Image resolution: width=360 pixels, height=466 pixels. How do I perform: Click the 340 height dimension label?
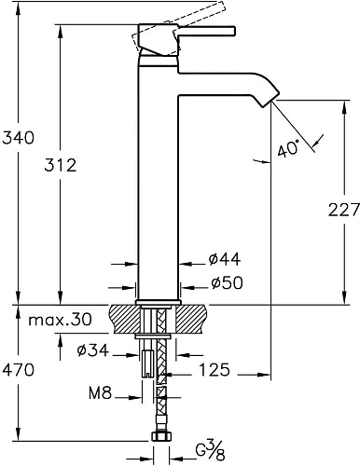[18, 138]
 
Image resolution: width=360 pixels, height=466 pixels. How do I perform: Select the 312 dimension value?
[61, 165]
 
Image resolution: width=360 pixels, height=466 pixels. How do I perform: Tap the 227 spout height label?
[344, 211]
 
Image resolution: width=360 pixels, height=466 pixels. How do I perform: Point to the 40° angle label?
[288, 148]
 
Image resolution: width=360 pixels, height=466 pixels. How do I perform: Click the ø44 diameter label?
[225, 259]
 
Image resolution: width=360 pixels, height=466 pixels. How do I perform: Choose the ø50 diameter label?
[228, 282]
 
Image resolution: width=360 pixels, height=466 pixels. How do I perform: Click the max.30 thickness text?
[61, 320]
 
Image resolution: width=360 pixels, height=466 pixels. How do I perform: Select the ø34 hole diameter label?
[93, 350]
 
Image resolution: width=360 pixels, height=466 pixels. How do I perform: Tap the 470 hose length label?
[18, 370]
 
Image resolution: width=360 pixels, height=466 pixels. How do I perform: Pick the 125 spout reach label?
[215, 370]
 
